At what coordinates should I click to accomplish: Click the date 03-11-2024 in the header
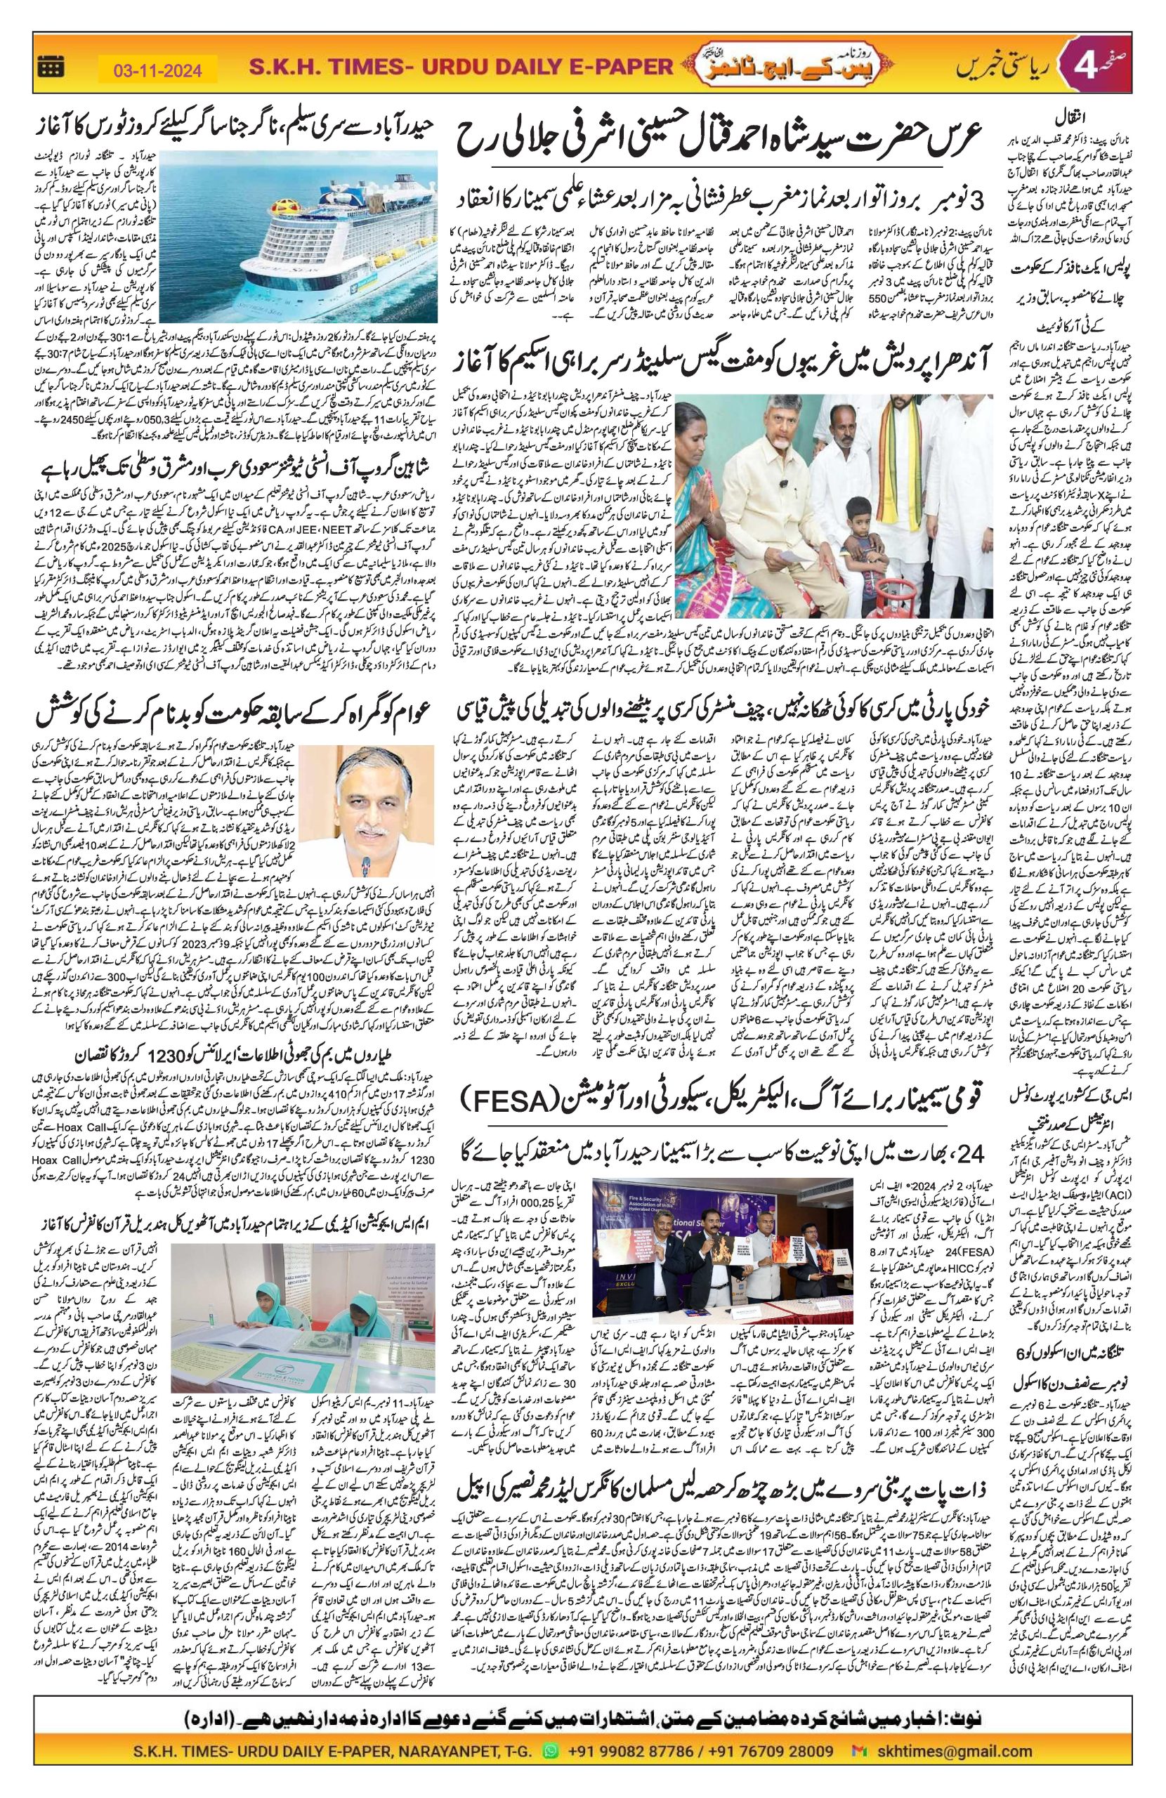tap(158, 70)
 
